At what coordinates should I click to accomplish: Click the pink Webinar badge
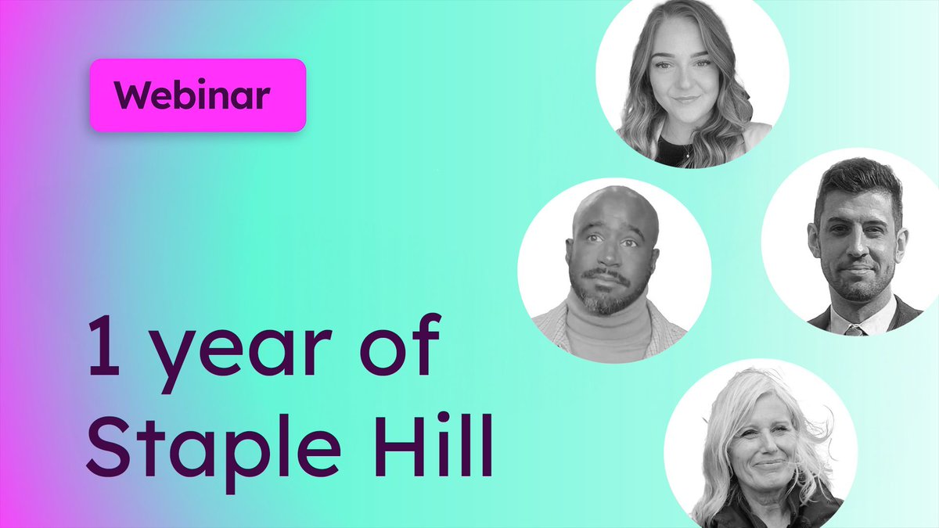(196, 95)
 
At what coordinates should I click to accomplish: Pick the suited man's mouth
(858, 270)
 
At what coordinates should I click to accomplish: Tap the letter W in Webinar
(130, 95)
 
